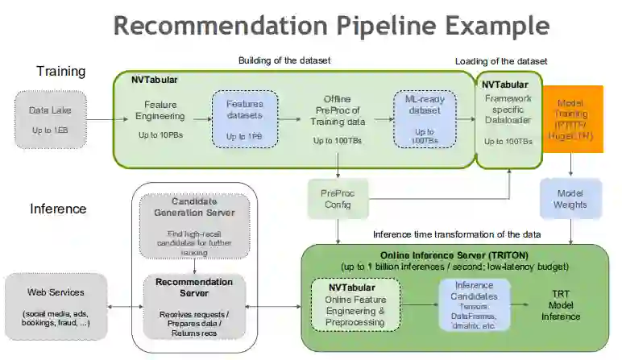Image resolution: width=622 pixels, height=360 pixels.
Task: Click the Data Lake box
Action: point(50,119)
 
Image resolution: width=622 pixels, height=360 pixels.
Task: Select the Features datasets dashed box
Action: point(245,119)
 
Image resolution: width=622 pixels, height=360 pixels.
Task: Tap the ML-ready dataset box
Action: point(424,119)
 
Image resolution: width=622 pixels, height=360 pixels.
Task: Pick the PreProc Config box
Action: point(337,199)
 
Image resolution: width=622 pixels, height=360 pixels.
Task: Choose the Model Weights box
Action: point(571,199)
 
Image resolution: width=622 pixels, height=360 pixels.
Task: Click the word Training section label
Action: point(60,72)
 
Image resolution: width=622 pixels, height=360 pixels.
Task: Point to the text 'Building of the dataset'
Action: point(284,60)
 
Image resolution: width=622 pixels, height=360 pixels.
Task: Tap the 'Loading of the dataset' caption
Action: point(501,61)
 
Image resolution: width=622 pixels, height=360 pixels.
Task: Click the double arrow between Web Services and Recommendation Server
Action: point(126,306)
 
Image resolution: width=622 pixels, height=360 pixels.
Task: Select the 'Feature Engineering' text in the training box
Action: point(160,110)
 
